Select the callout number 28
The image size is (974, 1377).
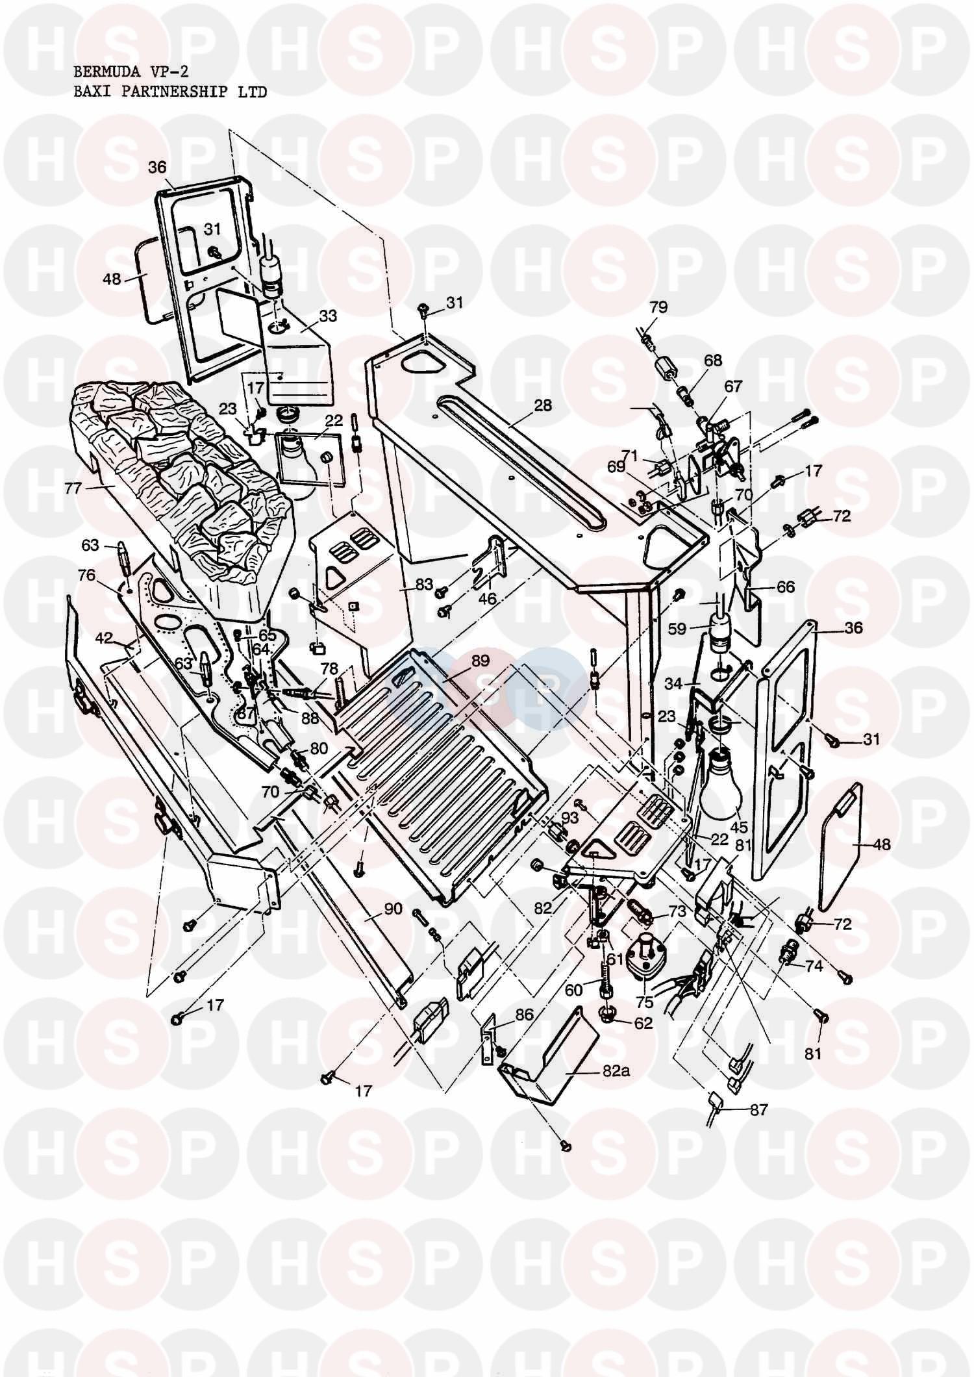(x=543, y=405)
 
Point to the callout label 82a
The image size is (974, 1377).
(x=614, y=1072)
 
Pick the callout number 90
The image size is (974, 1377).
(x=393, y=909)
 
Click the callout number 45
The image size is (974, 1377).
(x=738, y=828)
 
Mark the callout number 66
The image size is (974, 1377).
(x=786, y=587)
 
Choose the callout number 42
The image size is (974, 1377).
(x=105, y=637)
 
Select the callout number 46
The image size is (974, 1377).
(x=487, y=598)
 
